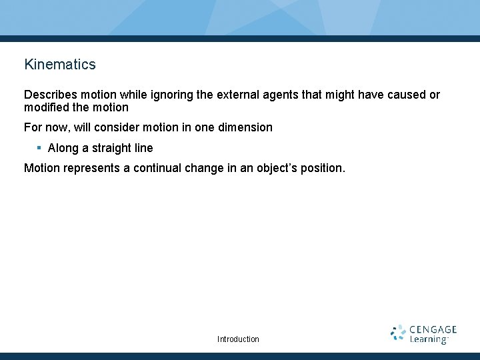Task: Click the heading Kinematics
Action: (x=60, y=65)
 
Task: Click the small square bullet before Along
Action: (x=39, y=148)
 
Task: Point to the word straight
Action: (x=111, y=148)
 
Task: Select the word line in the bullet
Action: (x=143, y=148)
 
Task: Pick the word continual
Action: (x=157, y=168)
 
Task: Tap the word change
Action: (x=205, y=168)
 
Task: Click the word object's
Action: (x=278, y=168)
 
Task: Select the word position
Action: (x=323, y=168)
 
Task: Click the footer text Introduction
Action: (x=238, y=339)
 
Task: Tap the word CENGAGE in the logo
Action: (x=433, y=329)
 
